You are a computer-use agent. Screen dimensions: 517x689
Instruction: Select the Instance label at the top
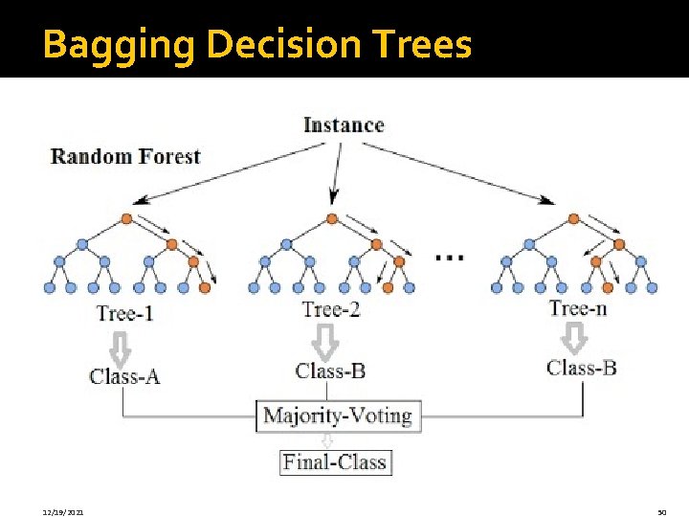pos(344,125)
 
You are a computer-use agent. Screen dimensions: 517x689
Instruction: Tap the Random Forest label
pos(125,156)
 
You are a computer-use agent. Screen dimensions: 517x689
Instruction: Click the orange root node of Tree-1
pos(126,219)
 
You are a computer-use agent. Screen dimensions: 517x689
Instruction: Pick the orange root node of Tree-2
pos(332,219)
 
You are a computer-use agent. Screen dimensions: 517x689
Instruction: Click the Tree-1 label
pos(124,313)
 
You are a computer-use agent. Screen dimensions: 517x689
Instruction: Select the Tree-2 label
pos(330,308)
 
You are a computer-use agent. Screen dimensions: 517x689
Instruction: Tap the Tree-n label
pos(577,307)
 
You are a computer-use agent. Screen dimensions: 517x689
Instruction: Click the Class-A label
pos(124,376)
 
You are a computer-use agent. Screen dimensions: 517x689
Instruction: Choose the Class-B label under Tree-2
pos(330,371)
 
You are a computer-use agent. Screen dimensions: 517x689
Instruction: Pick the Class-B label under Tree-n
pos(581,368)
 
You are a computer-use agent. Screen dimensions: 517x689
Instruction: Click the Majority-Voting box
pos(337,416)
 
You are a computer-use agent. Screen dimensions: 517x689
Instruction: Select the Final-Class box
pos(335,462)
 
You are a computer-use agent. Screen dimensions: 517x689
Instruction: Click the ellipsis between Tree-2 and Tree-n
pos(450,257)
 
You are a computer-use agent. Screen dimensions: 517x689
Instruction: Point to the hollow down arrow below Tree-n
pos(574,336)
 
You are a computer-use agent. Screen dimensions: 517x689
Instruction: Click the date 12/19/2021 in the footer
pos(63,513)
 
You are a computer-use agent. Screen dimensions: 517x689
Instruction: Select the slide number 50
pos(661,513)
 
